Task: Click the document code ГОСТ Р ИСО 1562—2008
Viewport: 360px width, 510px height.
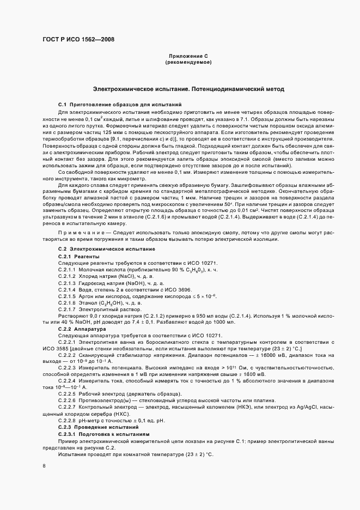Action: coord(78,39)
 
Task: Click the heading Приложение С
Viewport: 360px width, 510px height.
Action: coord(188,57)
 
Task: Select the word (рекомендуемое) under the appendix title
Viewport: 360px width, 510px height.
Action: coord(188,63)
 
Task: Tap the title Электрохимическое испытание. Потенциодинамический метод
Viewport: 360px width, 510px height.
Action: coord(188,88)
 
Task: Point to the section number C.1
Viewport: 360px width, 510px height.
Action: coord(62,104)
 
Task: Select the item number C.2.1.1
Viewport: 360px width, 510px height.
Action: coord(68,255)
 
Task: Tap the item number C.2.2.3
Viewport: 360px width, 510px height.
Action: coord(68,368)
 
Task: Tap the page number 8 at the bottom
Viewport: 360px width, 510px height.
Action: coord(44,466)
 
